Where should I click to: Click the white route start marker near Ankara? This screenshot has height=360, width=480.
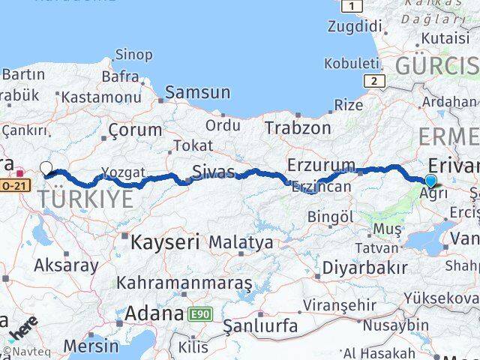point(46,169)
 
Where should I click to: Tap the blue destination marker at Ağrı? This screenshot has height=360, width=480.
point(430,181)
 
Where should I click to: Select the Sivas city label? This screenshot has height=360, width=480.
point(213,171)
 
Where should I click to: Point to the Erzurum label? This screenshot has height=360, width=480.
point(321,164)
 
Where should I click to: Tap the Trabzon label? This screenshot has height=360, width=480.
point(298,128)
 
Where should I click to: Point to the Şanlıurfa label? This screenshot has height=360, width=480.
point(261,326)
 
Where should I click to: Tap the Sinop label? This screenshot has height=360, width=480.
point(133,55)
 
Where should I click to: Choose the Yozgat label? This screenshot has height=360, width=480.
point(123,172)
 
